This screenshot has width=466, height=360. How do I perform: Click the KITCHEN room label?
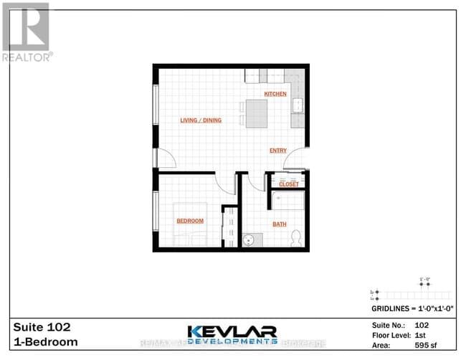click(275, 94)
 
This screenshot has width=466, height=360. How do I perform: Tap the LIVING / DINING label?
click(201, 120)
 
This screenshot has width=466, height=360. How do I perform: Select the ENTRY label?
click(278, 151)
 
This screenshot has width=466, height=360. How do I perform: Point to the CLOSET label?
click(289, 184)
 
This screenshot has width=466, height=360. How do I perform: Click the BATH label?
click(279, 224)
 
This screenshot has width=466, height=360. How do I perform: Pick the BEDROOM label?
click(190, 221)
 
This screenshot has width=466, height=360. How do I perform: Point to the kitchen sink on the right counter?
click(296, 107)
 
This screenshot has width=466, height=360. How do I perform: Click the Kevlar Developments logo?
click(233, 335)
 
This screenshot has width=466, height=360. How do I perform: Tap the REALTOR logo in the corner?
click(26, 32)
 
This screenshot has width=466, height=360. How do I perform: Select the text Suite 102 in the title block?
click(42, 326)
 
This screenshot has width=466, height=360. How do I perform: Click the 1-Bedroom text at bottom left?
click(46, 342)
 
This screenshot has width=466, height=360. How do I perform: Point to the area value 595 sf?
click(426, 344)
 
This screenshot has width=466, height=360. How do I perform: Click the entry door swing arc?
click(299, 156)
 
